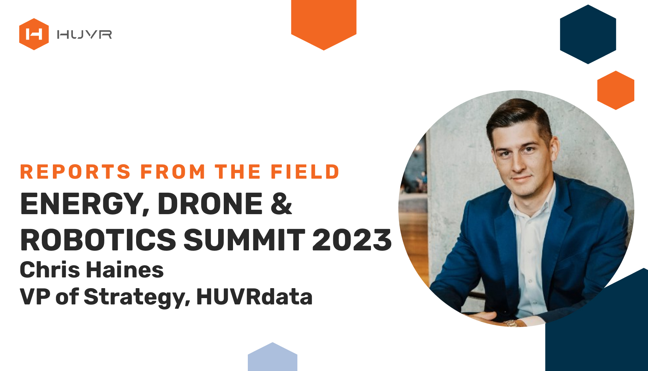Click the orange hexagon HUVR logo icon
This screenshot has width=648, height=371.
(x=34, y=34)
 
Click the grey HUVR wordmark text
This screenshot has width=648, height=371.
(x=84, y=34)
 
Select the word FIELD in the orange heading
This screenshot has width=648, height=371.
(x=305, y=172)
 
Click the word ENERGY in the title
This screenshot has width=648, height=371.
(x=85, y=204)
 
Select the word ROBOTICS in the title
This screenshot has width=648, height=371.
(x=98, y=240)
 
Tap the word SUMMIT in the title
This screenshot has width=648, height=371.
(x=244, y=240)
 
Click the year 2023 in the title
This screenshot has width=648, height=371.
(x=352, y=240)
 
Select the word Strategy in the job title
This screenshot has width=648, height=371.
(x=137, y=297)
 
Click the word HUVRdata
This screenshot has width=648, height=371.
(x=254, y=297)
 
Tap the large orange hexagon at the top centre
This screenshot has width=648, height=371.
(x=324, y=22)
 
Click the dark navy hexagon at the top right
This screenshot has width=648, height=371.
(x=588, y=34)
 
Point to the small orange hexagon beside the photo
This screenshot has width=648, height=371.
(x=616, y=90)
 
